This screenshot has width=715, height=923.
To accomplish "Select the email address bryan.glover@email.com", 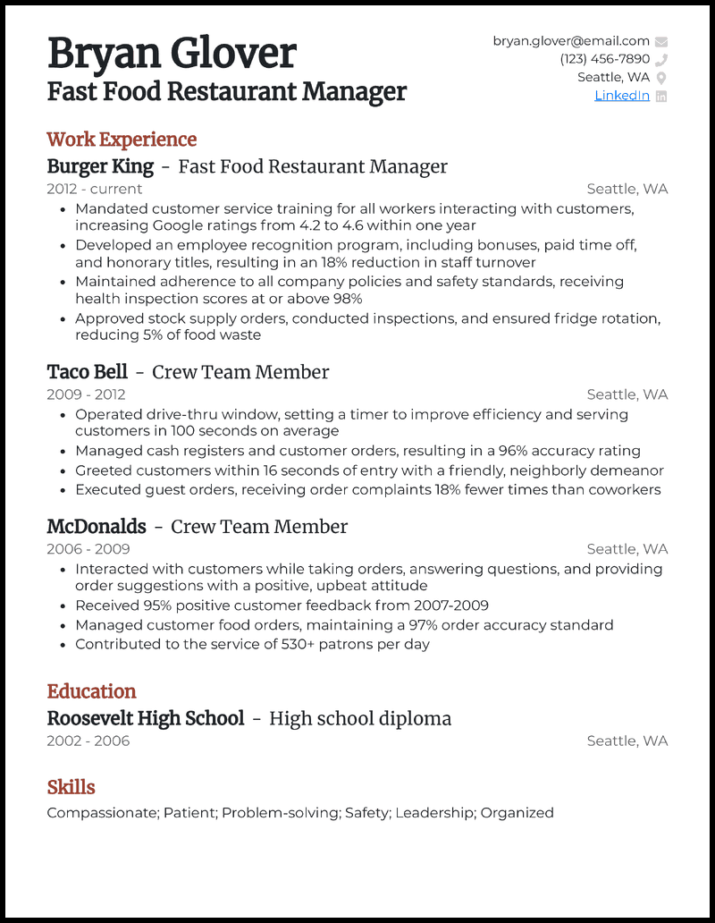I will point(571,41).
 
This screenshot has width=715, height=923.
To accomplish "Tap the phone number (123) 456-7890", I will point(605,59).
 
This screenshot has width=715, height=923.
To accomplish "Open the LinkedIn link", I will point(622,96).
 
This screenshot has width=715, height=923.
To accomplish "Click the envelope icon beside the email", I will point(661,41).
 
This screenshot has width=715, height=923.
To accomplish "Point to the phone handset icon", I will point(661,60).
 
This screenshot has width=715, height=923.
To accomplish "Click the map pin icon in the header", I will point(661,78).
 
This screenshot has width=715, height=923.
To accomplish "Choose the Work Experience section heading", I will point(122,140).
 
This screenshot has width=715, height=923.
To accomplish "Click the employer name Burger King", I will point(100,166).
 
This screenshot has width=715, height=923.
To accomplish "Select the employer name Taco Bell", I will point(88,372).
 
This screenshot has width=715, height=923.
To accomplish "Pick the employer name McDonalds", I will point(97,527).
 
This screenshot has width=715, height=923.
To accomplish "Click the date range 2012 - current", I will point(94,189).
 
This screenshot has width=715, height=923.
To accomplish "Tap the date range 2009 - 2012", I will point(86,394).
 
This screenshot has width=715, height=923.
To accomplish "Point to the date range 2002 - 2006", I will point(88,741).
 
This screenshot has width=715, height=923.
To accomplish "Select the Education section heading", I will point(91,691).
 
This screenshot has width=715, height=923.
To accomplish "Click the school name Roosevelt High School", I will point(145,718).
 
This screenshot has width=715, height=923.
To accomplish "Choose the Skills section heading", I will point(71,787).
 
